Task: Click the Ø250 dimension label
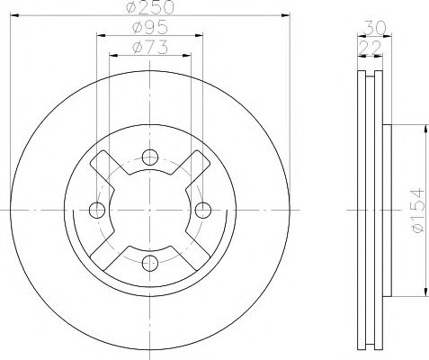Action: click(149, 7)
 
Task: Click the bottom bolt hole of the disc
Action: click(149, 262)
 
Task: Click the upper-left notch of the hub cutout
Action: click(106, 165)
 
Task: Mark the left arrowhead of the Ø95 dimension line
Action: click(98, 36)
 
